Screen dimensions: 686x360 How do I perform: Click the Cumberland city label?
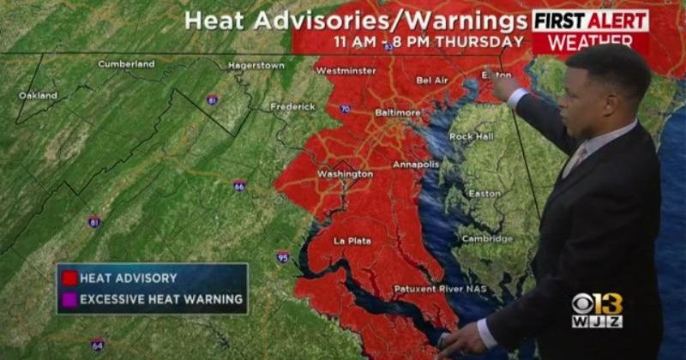click(x=126, y=64)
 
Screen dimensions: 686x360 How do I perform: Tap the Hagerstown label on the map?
click(x=256, y=66)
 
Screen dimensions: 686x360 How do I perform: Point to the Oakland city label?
click(x=39, y=96)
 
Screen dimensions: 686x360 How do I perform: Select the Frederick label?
click(x=292, y=107)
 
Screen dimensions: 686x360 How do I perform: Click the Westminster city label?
click(x=346, y=71)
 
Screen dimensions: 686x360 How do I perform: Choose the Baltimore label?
click(x=398, y=112)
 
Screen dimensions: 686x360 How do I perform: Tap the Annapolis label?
click(x=416, y=165)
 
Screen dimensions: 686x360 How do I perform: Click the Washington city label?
click(x=345, y=174)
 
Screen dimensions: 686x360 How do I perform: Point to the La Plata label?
click(x=352, y=241)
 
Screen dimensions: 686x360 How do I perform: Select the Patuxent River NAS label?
click(x=440, y=289)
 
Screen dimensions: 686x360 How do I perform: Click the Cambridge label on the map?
click(x=487, y=239)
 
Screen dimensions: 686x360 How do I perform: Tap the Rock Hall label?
click(x=472, y=137)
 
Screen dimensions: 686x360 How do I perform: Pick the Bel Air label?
click(x=433, y=81)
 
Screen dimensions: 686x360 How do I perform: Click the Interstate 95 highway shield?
click(x=283, y=256)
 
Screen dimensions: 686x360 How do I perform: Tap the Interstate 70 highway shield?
click(x=345, y=109)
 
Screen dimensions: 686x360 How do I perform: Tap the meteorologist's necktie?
click(x=573, y=160)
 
